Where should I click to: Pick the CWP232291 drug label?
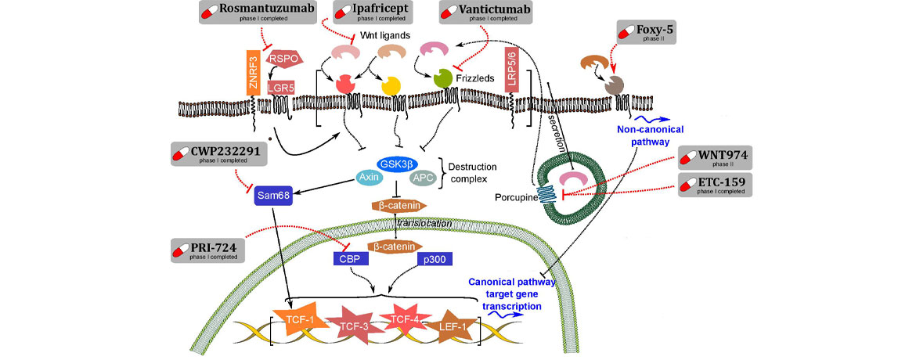coord(218,153)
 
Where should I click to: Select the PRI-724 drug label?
coord(207,250)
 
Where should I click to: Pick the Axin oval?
coord(368,178)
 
